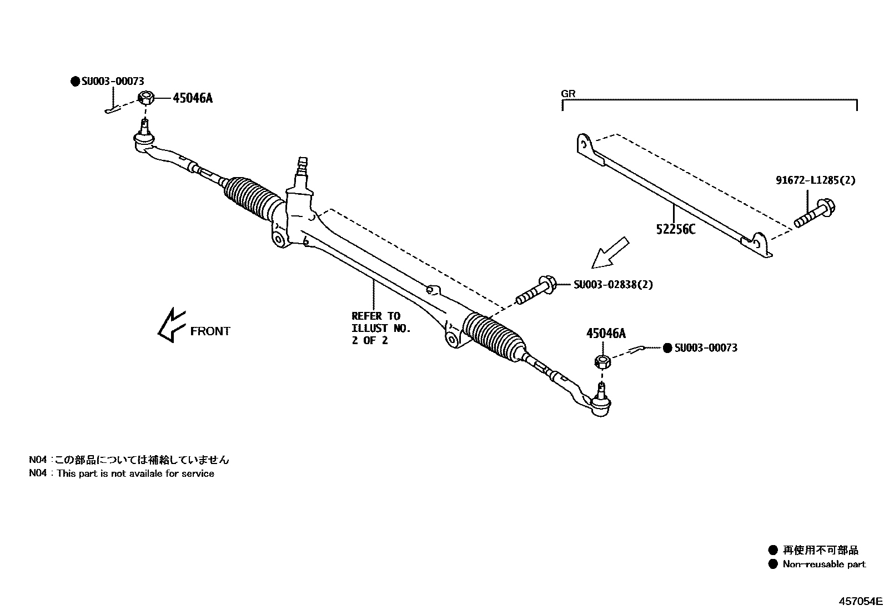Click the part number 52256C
pyautogui.click(x=675, y=229)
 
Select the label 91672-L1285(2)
pyautogui.click(x=815, y=180)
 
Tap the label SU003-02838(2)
pyautogui.click(x=613, y=285)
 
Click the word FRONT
pyautogui.click(x=210, y=331)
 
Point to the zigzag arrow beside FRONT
pyautogui.click(x=170, y=326)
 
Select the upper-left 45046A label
pyautogui.click(x=192, y=99)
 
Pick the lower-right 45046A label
pyautogui.click(x=605, y=334)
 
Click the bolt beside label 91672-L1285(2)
pyautogui.click(x=815, y=214)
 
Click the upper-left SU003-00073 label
pyautogui.click(x=112, y=82)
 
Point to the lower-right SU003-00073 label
pyautogui.click(x=706, y=348)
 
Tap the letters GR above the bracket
pyautogui.click(x=568, y=94)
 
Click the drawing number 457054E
pyautogui.click(x=860, y=601)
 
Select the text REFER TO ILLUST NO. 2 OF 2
pyautogui.click(x=380, y=328)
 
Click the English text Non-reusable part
pyautogui.click(x=824, y=564)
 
